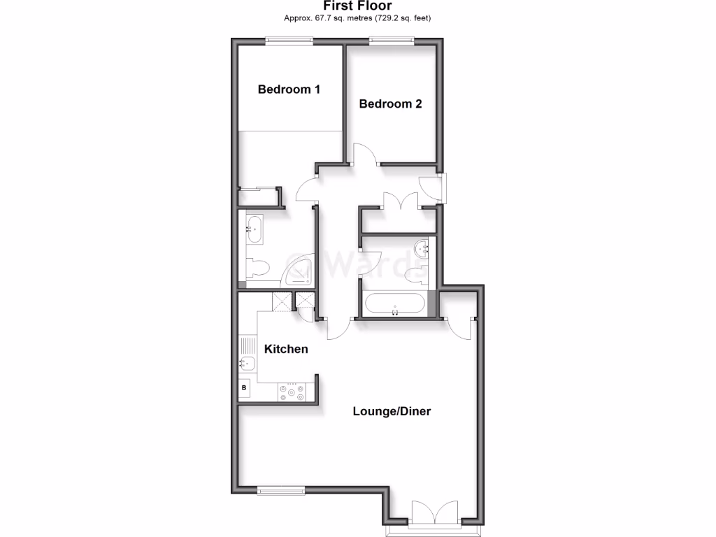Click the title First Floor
pos(357,6)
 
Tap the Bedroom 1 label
pos(289,89)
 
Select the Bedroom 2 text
pos(390,104)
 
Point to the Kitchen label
pos(285,349)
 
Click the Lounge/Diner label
pos(391,411)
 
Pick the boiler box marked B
pos(244,387)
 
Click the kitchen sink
pos(247,363)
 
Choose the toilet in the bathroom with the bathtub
pos(417,272)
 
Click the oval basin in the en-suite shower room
pos(253,228)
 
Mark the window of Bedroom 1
pos(289,42)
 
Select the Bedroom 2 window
pos(392,42)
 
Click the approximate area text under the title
pos(357,17)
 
